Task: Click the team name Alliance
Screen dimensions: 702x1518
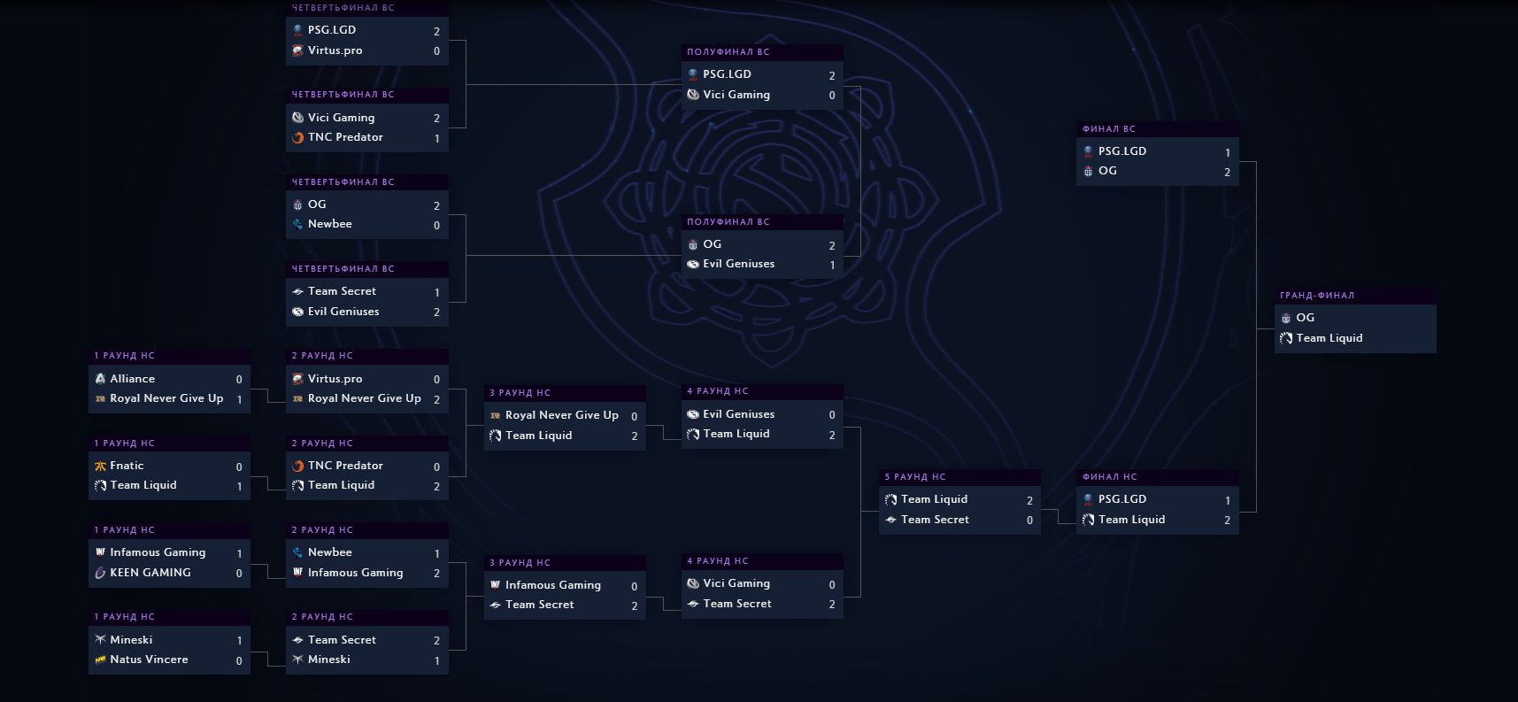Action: pyautogui.click(x=132, y=379)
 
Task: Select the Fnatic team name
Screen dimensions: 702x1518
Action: pyautogui.click(x=127, y=466)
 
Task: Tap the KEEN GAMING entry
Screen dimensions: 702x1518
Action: pyautogui.click(x=150, y=573)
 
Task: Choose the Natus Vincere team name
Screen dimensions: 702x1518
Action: pyautogui.click(x=149, y=660)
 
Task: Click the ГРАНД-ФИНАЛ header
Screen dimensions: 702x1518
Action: pyautogui.click(x=1317, y=296)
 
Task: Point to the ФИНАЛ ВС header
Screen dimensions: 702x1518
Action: pyautogui.click(x=1109, y=129)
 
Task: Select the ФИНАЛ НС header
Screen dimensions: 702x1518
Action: pyautogui.click(x=1110, y=477)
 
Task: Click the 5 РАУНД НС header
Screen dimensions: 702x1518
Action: pyautogui.click(x=915, y=477)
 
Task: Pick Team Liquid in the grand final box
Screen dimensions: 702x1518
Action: pyautogui.click(x=1329, y=338)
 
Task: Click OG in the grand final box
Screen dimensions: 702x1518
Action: pyautogui.click(x=1305, y=318)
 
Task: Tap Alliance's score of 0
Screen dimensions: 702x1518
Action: pyautogui.click(x=239, y=380)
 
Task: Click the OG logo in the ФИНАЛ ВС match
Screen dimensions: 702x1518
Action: pyautogui.click(x=1088, y=172)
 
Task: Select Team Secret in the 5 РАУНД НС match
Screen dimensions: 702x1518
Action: pyautogui.click(x=935, y=520)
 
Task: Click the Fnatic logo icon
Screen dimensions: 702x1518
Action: pyautogui.click(x=100, y=466)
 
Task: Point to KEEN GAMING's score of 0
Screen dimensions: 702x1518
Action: pyautogui.click(x=239, y=574)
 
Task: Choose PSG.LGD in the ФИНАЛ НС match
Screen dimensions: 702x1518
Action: pyautogui.click(x=1121, y=499)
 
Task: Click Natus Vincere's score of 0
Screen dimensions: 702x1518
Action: pyautogui.click(x=239, y=660)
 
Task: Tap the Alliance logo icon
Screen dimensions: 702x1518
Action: pyautogui.click(x=100, y=379)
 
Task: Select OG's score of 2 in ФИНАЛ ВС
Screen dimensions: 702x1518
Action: pyautogui.click(x=1227, y=173)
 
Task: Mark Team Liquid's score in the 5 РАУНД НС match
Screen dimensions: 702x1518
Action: pyautogui.click(x=1029, y=501)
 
